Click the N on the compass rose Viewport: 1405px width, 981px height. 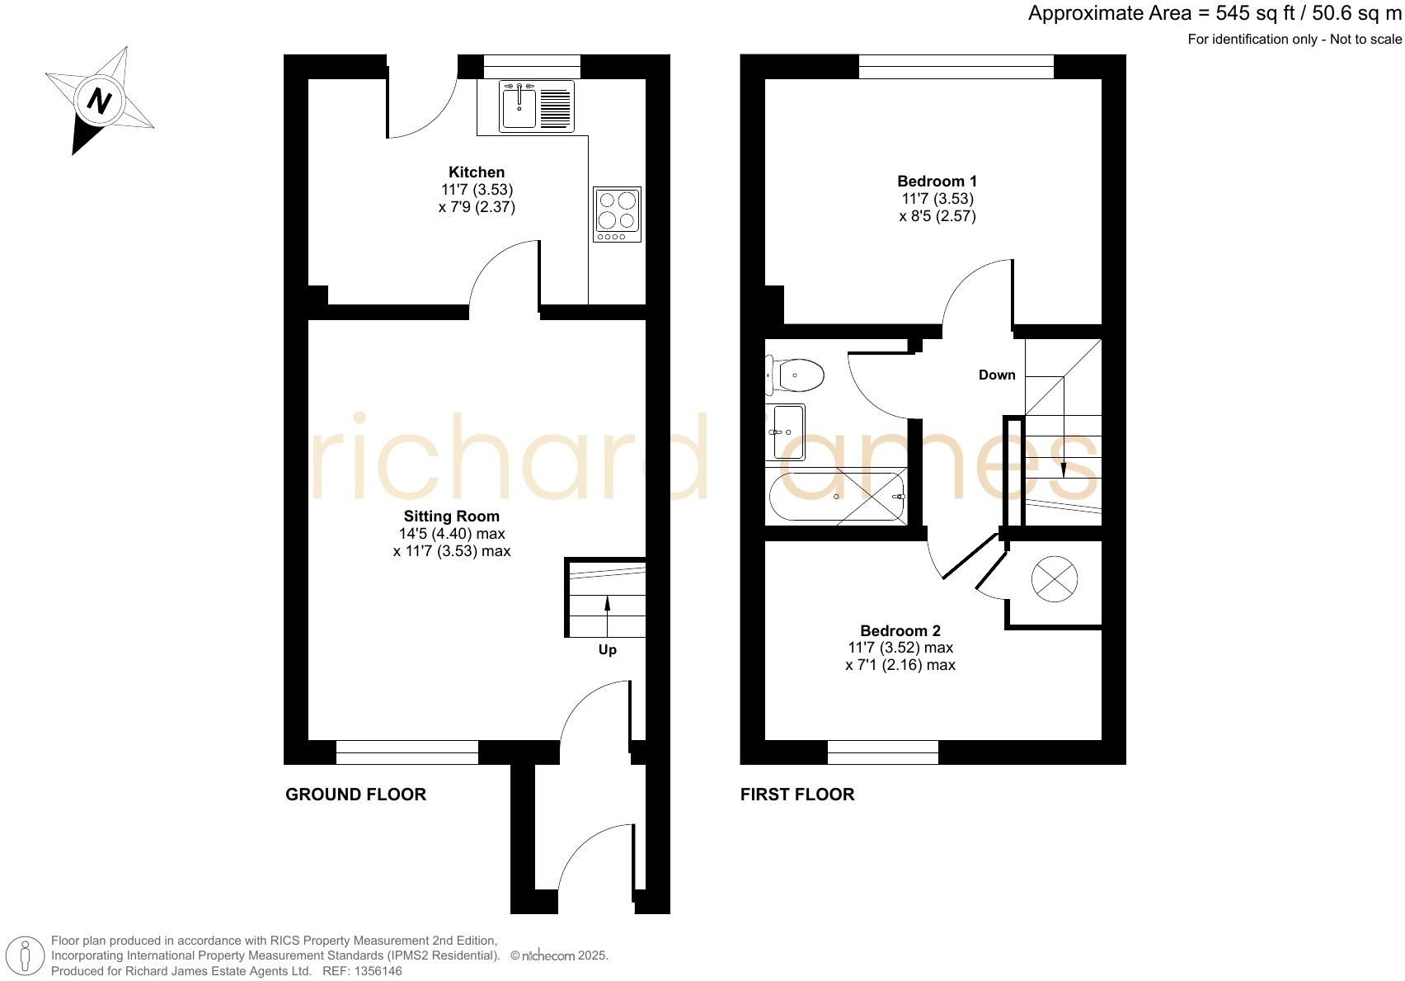click(99, 101)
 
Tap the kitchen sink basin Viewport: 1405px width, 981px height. click(519, 108)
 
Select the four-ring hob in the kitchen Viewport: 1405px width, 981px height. click(617, 210)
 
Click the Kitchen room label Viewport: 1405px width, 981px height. click(477, 172)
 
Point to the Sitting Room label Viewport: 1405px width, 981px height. click(451, 516)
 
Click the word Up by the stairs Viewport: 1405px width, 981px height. click(608, 650)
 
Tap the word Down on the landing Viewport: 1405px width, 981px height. click(997, 375)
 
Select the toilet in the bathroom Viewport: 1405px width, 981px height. click(796, 376)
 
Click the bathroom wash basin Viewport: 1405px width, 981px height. click(786, 431)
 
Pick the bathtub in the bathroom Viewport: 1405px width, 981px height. click(835, 496)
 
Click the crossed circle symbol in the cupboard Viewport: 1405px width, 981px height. click(1055, 579)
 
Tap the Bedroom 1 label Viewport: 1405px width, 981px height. click(937, 182)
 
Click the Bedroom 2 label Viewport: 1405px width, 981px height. click(900, 630)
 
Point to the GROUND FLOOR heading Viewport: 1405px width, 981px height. click(355, 795)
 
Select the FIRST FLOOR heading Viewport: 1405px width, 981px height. click(797, 795)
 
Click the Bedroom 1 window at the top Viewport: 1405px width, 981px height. click(956, 66)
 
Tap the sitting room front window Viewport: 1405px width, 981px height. click(406, 752)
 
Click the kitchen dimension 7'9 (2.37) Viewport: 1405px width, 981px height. click(477, 207)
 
